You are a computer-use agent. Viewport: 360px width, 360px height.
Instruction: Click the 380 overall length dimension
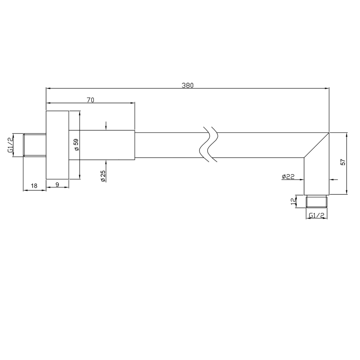point(187,85)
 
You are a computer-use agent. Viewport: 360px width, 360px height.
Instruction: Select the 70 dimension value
point(91,100)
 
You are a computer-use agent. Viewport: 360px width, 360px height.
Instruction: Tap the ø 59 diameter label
point(76,145)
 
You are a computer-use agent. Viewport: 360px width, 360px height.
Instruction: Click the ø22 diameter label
point(288,177)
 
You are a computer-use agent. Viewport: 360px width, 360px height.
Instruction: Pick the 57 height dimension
point(343,163)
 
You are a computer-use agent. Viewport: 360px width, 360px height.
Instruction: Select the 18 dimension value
point(34,185)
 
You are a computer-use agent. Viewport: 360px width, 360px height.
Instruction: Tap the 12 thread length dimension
point(294,202)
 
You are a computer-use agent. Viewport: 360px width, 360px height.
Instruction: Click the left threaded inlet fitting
point(34,145)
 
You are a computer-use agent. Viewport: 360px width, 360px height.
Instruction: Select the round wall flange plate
point(57,145)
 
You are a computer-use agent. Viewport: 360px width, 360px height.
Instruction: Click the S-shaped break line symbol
point(209,145)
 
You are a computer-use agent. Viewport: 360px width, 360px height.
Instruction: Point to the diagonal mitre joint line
point(316,145)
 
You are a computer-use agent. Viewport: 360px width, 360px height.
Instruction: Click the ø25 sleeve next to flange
point(102,145)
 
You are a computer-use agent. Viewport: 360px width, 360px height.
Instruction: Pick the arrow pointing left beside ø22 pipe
point(333,180)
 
